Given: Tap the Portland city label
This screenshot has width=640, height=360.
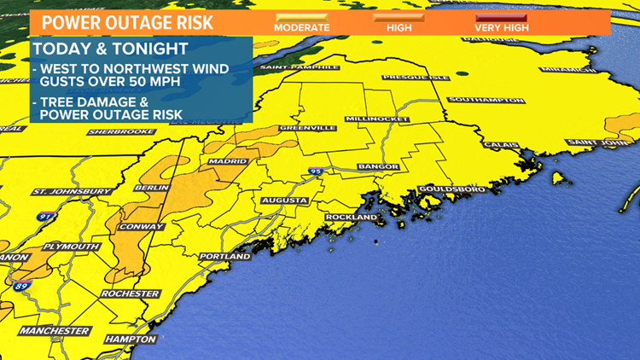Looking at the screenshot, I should point(225,256).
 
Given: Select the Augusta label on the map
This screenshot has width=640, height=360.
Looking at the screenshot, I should point(284,200).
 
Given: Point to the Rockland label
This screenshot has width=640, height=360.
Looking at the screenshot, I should point(351,218).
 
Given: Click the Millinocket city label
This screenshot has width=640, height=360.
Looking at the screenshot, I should point(375,118).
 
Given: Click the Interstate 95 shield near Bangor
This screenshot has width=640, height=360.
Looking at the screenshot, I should point(316,172).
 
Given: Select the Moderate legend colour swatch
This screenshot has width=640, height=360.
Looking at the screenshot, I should point(301,15).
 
